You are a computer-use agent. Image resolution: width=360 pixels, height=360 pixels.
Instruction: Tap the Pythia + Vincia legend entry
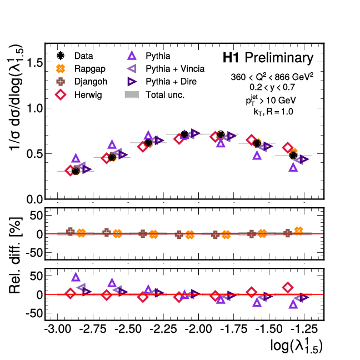(167, 69)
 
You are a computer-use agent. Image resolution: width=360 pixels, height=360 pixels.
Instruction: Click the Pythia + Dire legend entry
(164, 82)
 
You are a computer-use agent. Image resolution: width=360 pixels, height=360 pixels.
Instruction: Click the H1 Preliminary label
(268, 58)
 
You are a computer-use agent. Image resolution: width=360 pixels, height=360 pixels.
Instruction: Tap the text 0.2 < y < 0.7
(272, 88)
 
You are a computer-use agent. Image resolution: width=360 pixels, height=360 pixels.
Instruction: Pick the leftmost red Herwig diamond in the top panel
(70, 171)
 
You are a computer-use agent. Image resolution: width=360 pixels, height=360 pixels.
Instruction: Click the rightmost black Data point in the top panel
(293, 156)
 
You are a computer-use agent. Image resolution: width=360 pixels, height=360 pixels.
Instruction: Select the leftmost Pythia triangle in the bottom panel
(76, 277)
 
